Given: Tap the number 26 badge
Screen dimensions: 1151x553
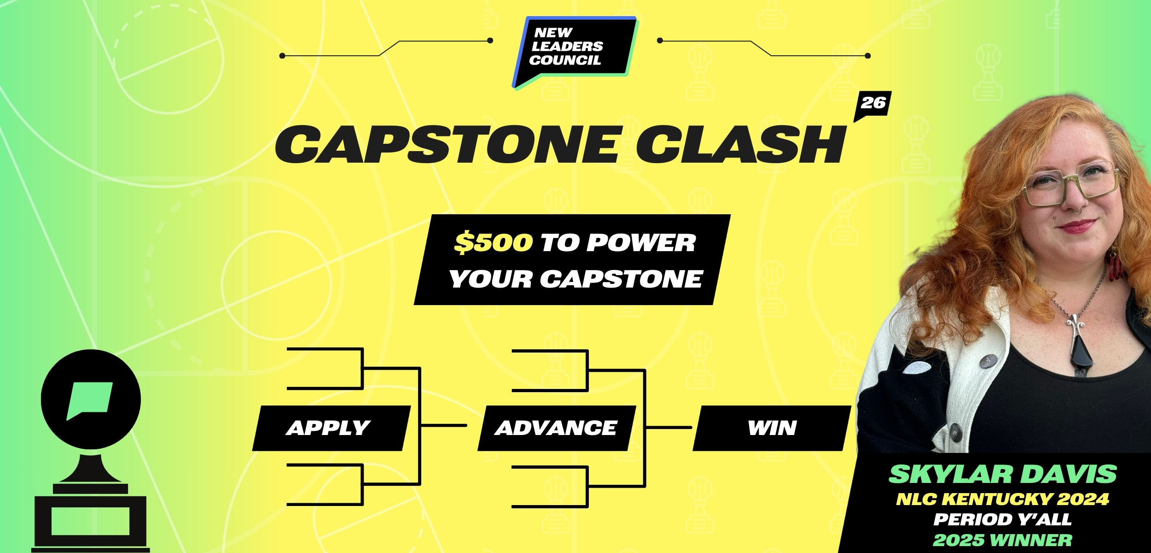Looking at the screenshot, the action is [873, 104].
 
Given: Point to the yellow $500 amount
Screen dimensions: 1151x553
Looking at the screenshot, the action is [494, 242].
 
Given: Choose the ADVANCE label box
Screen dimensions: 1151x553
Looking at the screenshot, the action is [557, 428].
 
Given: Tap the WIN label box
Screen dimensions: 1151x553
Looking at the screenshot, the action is [772, 428].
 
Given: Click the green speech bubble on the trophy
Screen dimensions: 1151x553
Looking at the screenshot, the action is [90, 400].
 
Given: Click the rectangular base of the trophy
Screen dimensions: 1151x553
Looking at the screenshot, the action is [90, 524].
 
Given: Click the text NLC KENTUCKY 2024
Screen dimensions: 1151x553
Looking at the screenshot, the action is [1003, 499].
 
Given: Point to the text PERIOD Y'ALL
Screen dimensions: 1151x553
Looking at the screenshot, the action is [1003, 520].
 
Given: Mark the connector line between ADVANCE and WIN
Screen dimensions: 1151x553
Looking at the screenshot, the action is [669, 427].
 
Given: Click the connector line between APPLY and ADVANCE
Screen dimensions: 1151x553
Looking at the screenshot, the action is [444, 425].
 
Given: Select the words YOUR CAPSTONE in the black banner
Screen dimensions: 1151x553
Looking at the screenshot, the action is [575, 279].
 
